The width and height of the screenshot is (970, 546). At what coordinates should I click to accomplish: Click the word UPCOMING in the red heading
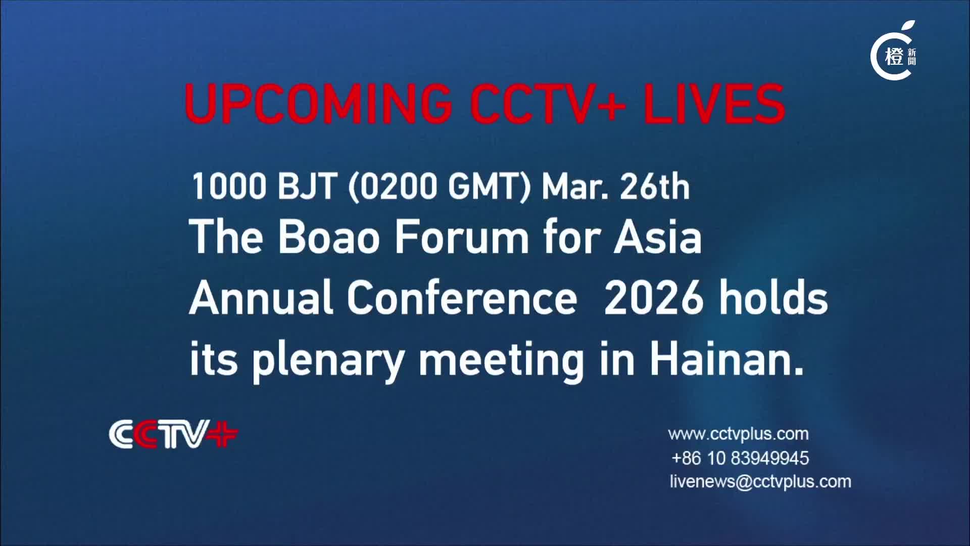[x=319, y=104]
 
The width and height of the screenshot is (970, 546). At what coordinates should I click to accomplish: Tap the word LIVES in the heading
[x=714, y=104]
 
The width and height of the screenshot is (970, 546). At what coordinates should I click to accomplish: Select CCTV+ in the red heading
[x=548, y=104]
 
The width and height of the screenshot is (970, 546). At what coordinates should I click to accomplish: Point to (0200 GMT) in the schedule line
[x=440, y=187]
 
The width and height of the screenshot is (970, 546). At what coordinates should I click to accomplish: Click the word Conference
[x=462, y=297]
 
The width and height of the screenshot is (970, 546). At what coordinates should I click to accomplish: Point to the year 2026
[x=654, y=297]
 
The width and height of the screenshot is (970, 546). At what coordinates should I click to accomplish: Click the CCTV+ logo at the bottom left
[x=173, y=434]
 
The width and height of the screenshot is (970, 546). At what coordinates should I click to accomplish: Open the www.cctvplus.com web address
[x=738, y=434]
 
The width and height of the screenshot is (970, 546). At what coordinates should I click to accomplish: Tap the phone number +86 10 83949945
[x=740, y=458]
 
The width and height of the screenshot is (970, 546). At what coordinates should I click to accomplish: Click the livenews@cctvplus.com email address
[x=760, y=481]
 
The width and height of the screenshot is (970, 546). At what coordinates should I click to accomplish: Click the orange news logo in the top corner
[x=893, y=52]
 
